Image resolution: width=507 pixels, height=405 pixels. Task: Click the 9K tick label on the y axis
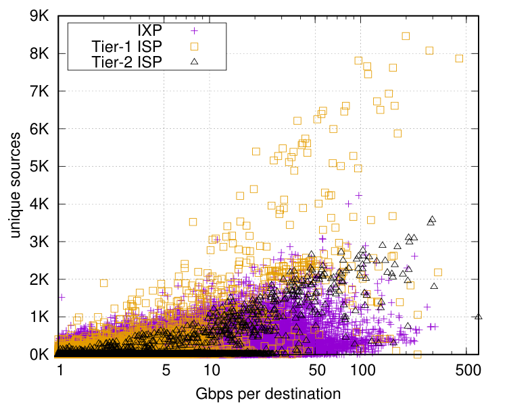click(39, 16)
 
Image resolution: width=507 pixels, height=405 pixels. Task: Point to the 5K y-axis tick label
click(39, 166)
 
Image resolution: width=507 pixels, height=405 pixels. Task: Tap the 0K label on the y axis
click(39, 354)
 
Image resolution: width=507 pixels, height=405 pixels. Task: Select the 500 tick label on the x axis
click(468, 370)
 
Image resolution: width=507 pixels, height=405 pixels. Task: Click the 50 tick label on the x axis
click(317, 370)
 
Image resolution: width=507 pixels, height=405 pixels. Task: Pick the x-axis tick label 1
click(60, 370)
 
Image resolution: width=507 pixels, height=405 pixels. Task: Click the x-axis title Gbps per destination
click(268, 394)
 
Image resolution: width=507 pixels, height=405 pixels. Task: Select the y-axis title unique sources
click(15, 185)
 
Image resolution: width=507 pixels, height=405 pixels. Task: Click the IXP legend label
click(149, 30)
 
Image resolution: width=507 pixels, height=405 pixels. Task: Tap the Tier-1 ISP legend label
click(127, 47)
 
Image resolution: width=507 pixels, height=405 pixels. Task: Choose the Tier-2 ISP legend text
click(127, 62)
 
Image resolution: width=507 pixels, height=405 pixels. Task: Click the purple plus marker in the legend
click(194, 31)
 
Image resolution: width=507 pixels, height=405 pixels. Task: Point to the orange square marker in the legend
click(194, 47)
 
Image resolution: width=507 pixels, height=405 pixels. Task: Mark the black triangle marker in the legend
click(194, 61)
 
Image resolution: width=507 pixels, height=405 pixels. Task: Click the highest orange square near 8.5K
click(406, 36)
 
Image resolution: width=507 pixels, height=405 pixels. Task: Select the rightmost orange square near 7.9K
click(459, 59)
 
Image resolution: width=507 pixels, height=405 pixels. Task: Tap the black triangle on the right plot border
click(479, 317)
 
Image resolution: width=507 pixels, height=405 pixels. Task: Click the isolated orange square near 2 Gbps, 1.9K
click(104, 283)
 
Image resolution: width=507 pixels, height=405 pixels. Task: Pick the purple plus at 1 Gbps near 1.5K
click(62, 297)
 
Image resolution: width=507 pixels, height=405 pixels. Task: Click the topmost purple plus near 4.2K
click(358, 195)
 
